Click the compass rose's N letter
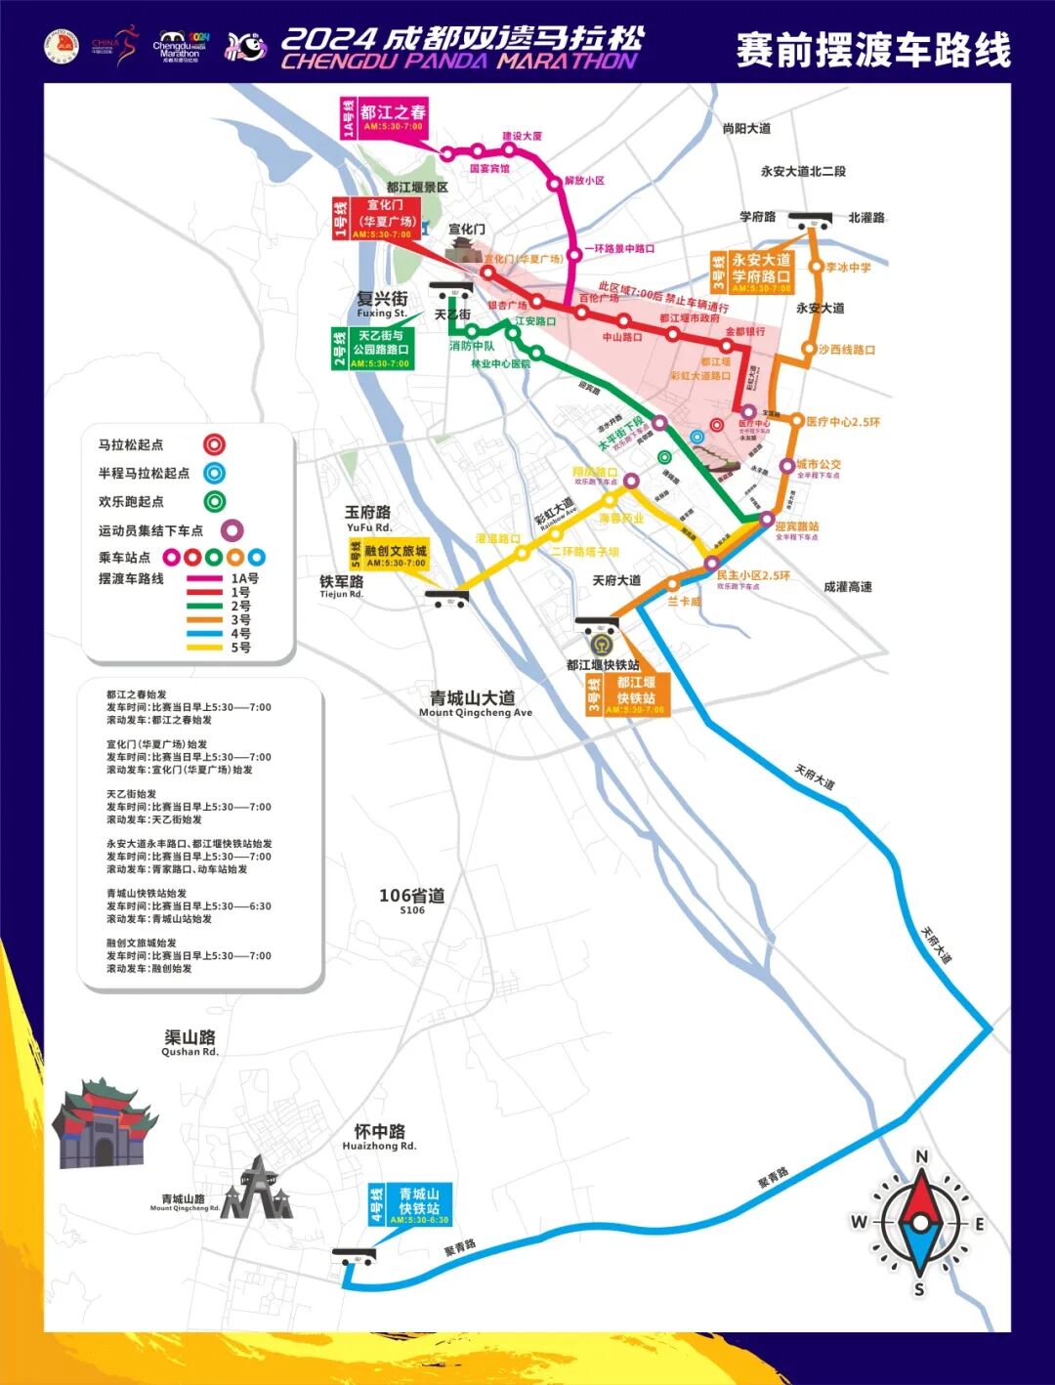921,1157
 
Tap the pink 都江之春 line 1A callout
384,118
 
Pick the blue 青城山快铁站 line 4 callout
409,1205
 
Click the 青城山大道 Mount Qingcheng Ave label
474,702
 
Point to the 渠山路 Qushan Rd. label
190,1042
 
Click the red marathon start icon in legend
214,445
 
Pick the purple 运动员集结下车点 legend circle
232,530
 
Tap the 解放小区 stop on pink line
554,183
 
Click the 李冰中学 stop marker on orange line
815,267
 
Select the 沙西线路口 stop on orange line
809,349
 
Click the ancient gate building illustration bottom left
104,1123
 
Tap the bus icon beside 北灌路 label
812,219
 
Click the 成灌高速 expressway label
847,587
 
